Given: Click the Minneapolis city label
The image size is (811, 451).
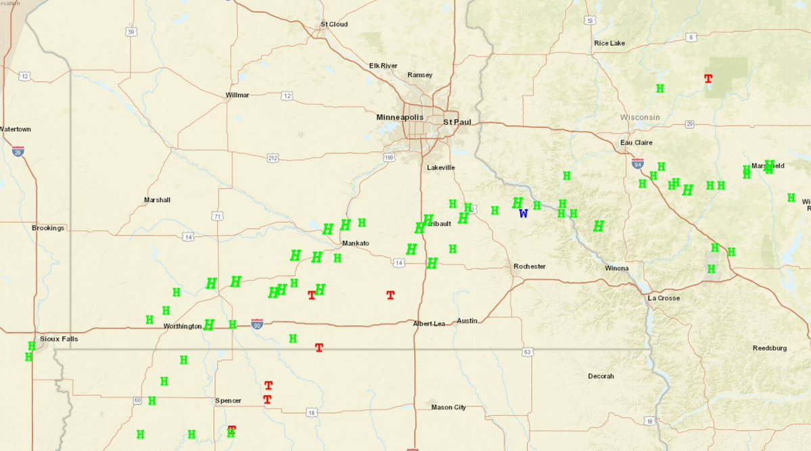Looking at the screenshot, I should tap(400, 117).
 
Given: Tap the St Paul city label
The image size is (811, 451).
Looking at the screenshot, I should tap(457, 122).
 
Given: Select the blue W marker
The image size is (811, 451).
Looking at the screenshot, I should tap(523, 214).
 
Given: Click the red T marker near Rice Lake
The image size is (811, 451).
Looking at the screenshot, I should tap(708, 79).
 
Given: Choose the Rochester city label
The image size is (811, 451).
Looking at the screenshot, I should tap(529, 266).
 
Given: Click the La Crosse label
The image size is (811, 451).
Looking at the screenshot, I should tap(664, 298).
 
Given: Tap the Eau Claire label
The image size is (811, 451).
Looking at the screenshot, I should tap(637, 143).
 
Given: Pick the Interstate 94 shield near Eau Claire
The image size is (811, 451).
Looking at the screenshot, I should tap(637, 163).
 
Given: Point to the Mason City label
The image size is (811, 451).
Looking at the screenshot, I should tap(448, 407).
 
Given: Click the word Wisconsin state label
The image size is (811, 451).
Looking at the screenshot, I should tap(640, 117).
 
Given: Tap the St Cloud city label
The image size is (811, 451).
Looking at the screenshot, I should tap(333, 24).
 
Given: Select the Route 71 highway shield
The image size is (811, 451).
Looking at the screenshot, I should tap(217, 216).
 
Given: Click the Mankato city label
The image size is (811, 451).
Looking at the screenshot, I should tap(355, 243).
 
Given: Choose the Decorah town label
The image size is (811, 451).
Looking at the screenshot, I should tap(601, 376).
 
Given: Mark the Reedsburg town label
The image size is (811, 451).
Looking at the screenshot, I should tap(770, 348).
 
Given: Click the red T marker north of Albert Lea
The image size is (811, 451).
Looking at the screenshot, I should tap(390, 295).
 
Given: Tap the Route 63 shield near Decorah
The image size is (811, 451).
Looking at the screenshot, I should tap(527, 352).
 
